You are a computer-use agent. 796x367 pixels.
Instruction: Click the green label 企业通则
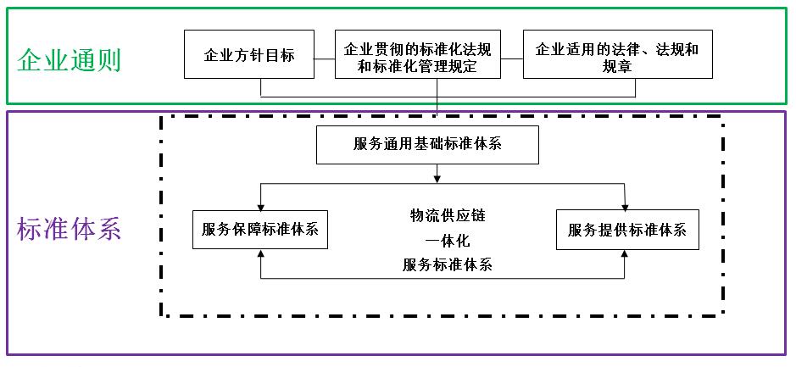69,60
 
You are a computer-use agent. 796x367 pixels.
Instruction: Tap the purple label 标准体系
70,229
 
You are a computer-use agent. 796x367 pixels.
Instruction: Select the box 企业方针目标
249,55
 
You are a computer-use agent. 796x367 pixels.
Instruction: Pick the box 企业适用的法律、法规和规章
617,55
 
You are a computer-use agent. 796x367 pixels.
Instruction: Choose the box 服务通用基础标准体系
427,143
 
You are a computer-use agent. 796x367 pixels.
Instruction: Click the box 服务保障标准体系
260,230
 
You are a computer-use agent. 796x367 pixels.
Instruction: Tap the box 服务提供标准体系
627,230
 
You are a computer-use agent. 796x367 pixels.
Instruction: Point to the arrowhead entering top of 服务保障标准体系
261,205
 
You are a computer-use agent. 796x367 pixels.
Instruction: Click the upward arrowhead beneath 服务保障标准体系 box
261,254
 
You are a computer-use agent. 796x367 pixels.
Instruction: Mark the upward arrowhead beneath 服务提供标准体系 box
625,254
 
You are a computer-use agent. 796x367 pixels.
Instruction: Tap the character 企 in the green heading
30,60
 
